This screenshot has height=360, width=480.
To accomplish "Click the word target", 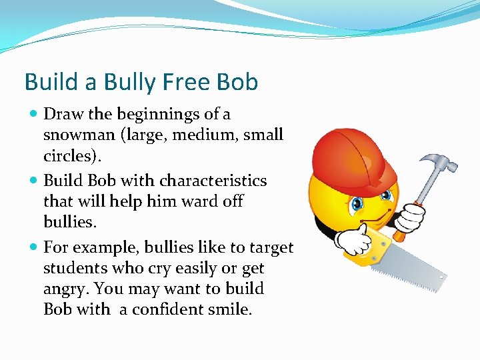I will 272,248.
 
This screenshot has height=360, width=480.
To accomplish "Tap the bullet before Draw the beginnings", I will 34,115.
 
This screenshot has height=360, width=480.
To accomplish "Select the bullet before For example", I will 34,248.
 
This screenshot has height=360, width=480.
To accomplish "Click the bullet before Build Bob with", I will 34,181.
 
